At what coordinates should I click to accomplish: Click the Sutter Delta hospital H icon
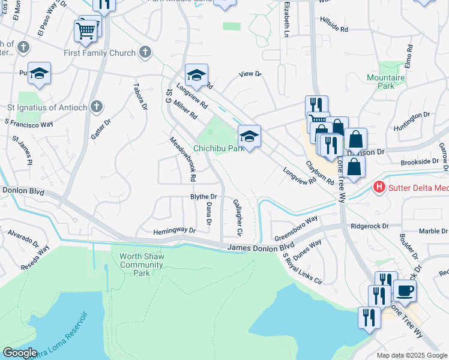click(x=379, y=188)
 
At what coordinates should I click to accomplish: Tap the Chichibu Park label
click(x=218, y=148)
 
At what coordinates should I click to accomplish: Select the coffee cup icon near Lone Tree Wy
click(x=405, y=291)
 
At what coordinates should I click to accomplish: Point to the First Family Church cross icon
click(x=144, y=53)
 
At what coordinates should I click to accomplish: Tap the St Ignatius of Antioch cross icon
click(x=97, y=107)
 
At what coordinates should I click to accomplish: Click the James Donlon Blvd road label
click(x=261, y=247)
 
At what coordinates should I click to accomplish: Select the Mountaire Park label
click(x=381, y=82)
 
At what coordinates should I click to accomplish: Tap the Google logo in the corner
click(x=20, y=353)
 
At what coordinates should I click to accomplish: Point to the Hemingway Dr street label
click(x=175, y=230)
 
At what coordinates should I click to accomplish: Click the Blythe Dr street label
click(x=203, y=197)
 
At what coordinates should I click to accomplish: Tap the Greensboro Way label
click(x=296, y=228)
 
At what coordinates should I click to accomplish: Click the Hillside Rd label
click(x=334, y=28)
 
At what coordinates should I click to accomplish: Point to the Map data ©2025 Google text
click(x=411, y=355)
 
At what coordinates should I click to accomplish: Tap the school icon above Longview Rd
click(x=196, y=75)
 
